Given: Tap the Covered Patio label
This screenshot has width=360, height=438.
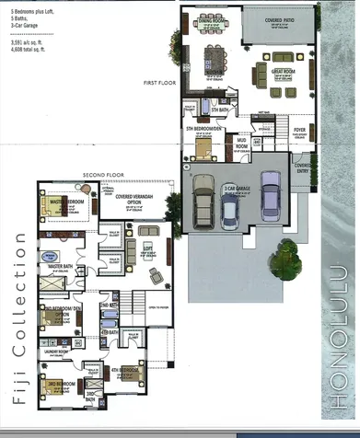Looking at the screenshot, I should [280, 18].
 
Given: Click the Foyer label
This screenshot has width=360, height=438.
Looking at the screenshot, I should [299, 130].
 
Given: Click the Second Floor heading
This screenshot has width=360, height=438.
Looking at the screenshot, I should [99, 174].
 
